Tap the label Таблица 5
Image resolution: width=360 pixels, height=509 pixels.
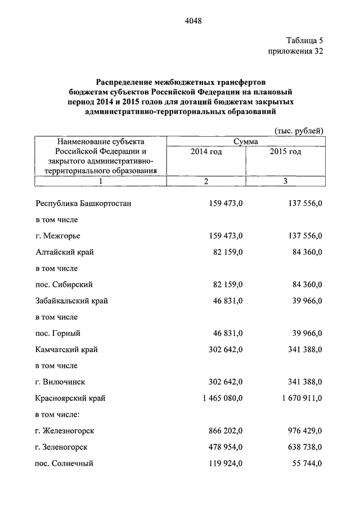coord(304,40)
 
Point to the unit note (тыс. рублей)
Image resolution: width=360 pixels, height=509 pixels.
coord(299,131)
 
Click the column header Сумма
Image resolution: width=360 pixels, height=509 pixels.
coord(245,142)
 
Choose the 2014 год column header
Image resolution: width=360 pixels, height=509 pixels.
coord(206,152)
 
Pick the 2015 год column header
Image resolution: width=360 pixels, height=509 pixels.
coord(285,152)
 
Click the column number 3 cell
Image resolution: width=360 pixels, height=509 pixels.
coord(285,181)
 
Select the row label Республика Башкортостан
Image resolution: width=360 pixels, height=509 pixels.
coord(84,203)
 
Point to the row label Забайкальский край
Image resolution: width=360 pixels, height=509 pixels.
coord(71,301)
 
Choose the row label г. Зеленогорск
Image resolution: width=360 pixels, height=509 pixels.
coord(64,448)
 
